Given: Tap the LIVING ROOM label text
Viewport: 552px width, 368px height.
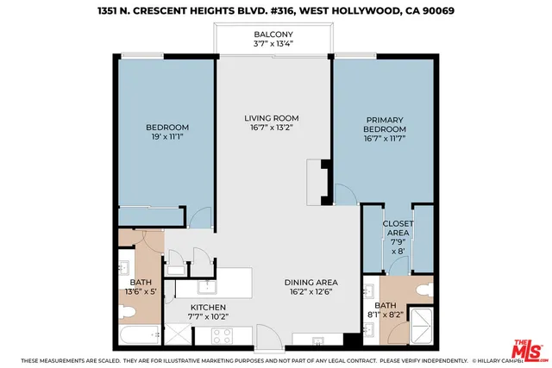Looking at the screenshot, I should (272, 119).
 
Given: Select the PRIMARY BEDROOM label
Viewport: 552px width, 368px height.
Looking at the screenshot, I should (385, 126).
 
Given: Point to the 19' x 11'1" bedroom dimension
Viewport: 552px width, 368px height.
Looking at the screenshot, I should (167, 136).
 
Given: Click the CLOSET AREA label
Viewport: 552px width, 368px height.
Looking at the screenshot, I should (398, 228).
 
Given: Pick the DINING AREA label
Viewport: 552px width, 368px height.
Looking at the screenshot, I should (311, 282).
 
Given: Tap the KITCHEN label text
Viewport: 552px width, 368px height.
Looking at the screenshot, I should (208, 307).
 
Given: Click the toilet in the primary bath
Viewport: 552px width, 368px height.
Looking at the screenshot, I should (425, 291).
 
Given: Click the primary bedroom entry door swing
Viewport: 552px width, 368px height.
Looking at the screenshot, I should (342, 196).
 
